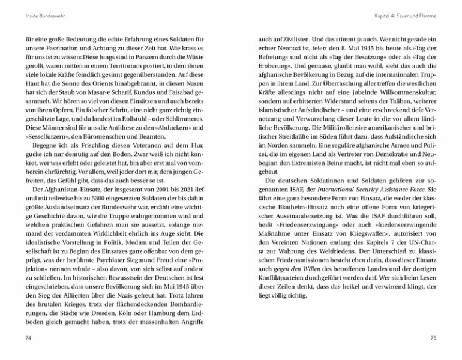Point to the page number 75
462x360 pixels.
pos(434,340)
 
